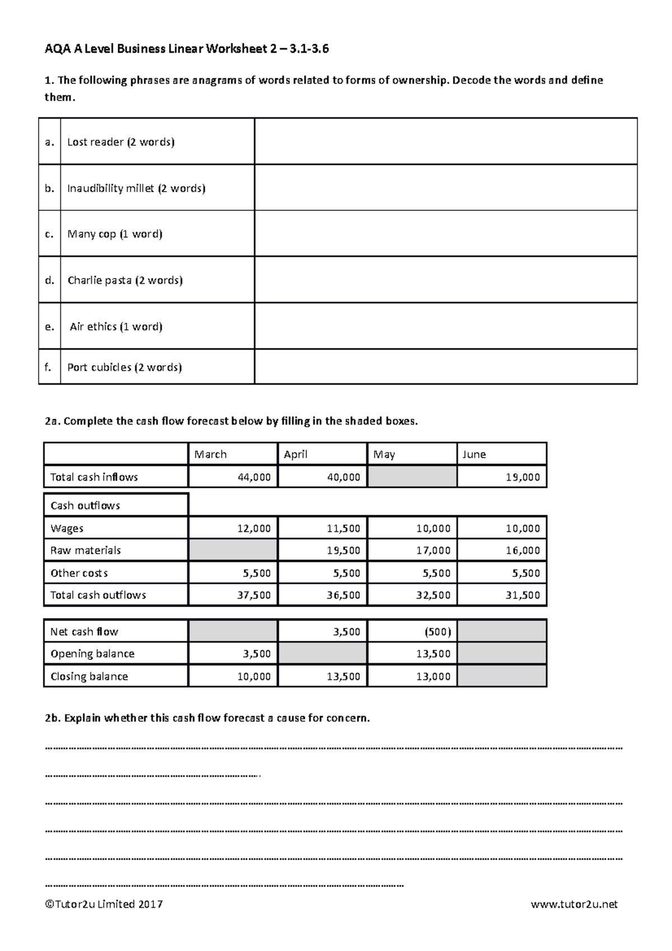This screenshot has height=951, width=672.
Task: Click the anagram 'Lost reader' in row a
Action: [x=95, y=142]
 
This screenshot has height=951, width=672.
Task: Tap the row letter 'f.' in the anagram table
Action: [x=49, y=367]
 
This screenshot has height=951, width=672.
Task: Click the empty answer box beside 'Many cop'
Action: [x=445, y=234]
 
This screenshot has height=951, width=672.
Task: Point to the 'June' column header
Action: [x=474, y=454]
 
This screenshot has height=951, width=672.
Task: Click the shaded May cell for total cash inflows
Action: [x=412, y=477]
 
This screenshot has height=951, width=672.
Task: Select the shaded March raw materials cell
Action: [x=233, y=551]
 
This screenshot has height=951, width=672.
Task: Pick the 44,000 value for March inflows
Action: [x=254, y=477]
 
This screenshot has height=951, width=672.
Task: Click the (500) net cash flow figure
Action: [x=437, y=632]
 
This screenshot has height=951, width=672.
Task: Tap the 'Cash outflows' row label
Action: [x=85, y=506]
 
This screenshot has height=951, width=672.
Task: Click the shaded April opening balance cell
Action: [x=323, y=654]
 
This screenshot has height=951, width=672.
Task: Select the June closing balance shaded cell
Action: [x=502, y=676]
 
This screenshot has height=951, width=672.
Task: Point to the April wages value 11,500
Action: [x=343, y=528]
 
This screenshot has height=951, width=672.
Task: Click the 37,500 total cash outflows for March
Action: [x=254, y=595]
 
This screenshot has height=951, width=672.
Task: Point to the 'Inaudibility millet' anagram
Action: [x=110, y=188]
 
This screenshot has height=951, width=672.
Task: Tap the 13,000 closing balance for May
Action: [x=433, y=676]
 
